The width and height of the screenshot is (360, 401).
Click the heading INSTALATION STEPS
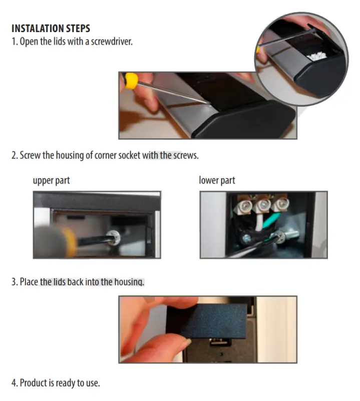(51, 28)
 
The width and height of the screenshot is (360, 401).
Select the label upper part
(52, 180)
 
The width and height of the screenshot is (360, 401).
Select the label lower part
(217, 180)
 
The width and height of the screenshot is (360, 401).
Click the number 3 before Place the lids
(14, 282)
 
